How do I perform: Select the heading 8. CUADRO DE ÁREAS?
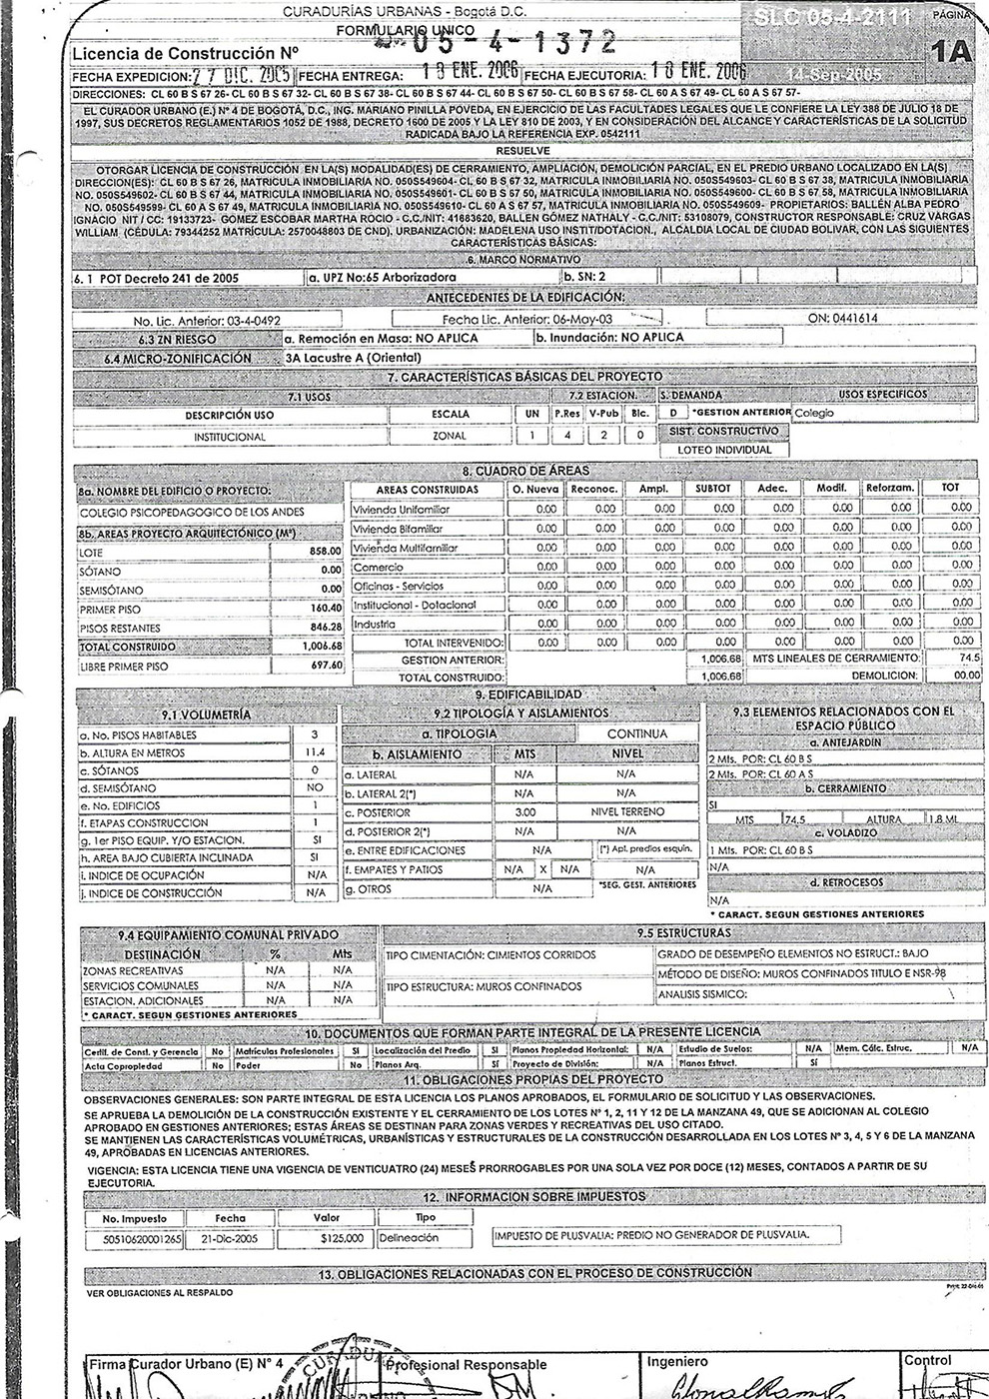click(x=525, y=470)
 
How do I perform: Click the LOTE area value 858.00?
click(x=325, y=551)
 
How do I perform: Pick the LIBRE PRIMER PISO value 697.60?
click(x=325, y=666)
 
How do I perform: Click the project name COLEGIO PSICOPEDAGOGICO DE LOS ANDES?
click(x=193, y=512)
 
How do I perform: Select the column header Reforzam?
click(x=890, y=489)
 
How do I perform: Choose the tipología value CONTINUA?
click(x=636, y=734)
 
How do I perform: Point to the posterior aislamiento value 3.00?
click(x=523, y=812)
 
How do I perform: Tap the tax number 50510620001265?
click(x=142, y=1238)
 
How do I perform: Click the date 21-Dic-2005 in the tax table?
click(x=229, y=1238)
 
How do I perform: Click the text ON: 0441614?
click(x=843, y=318)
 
